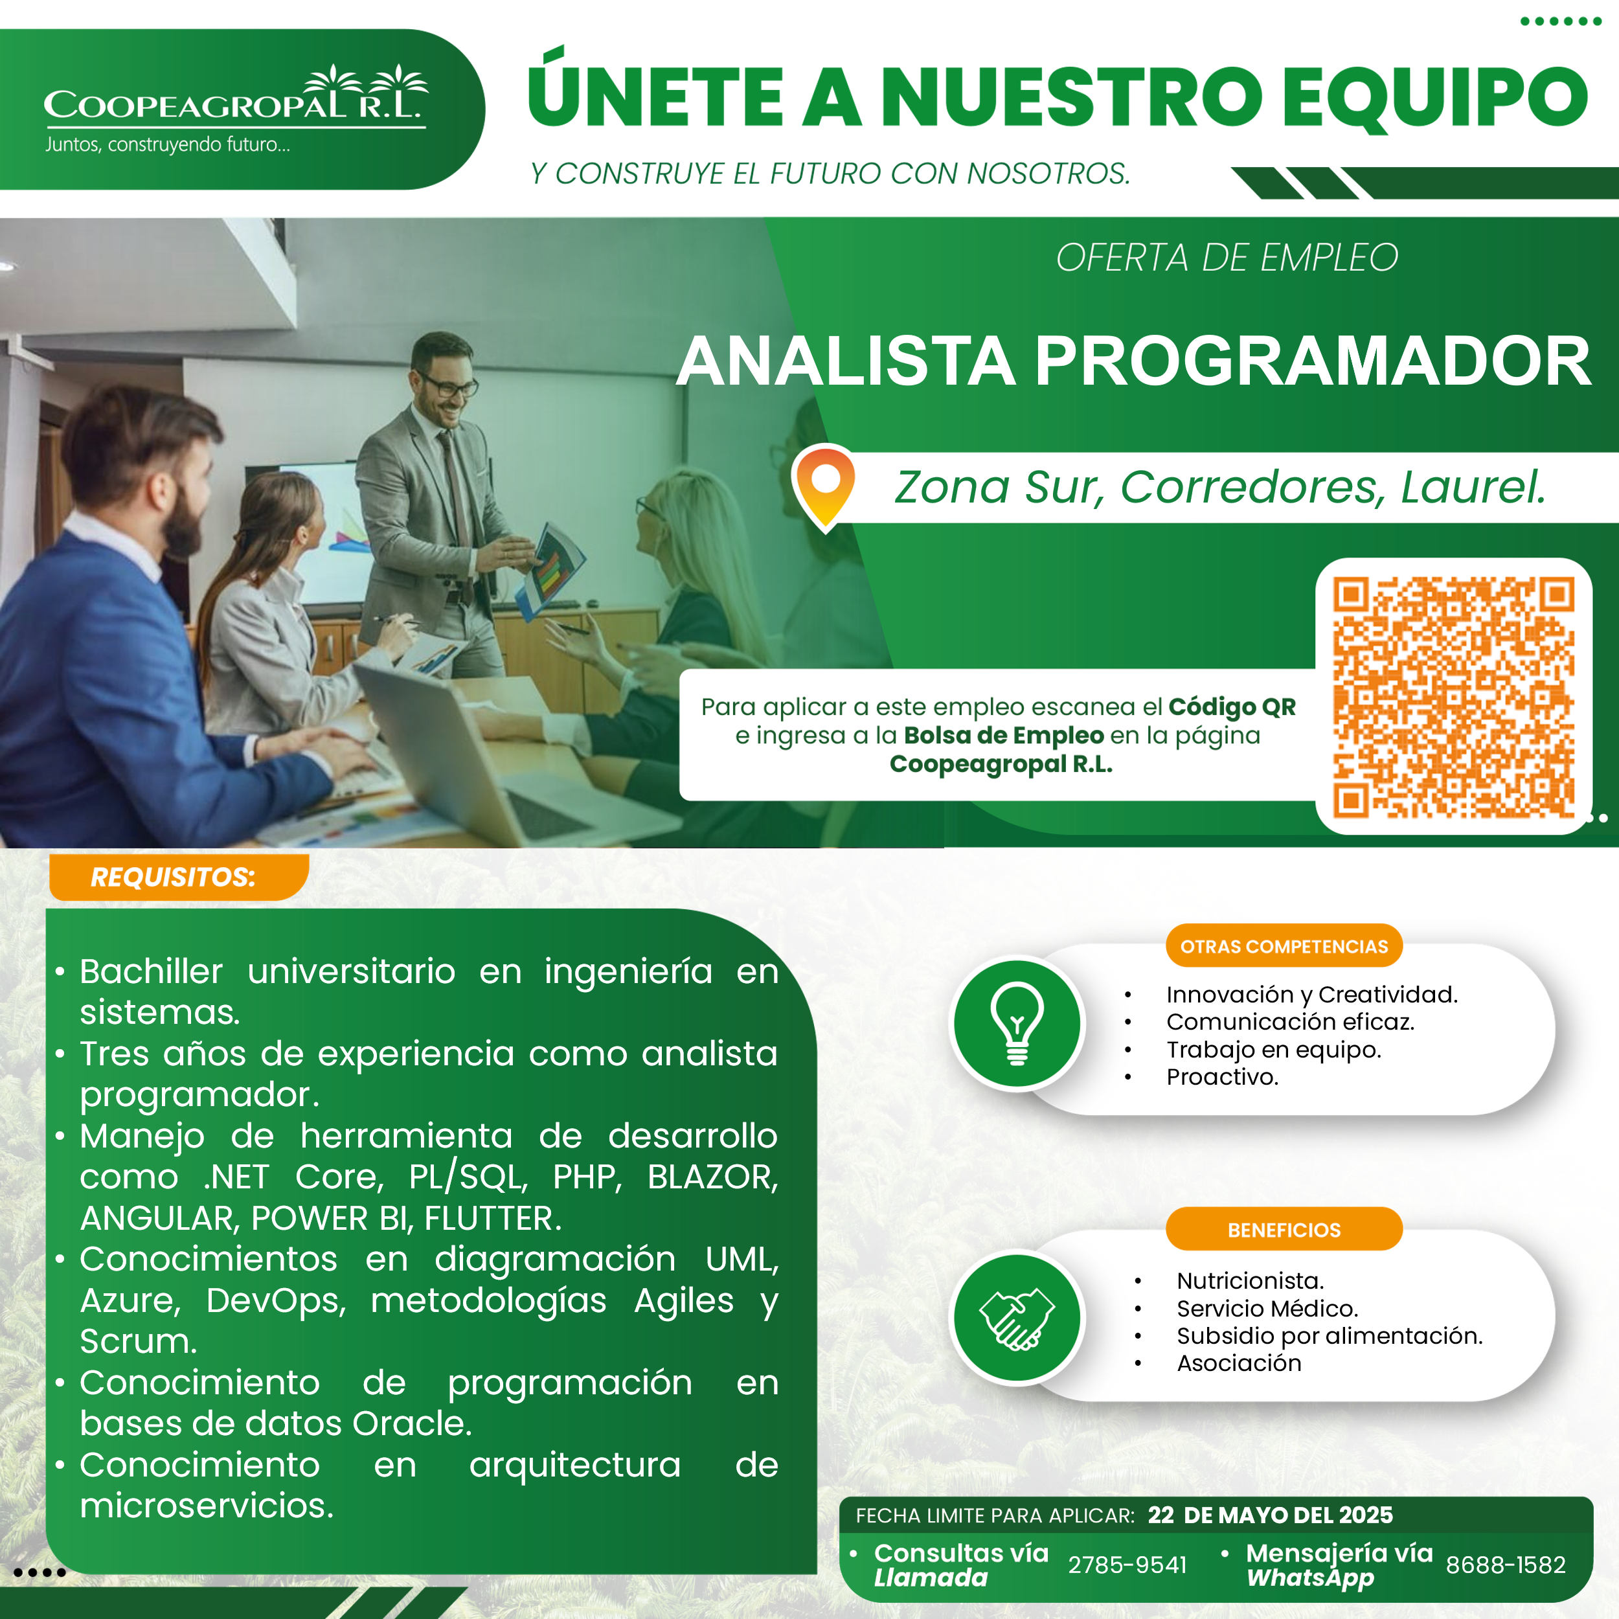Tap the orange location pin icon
pyautogui.click(x=824, y=487)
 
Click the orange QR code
pyautogui.click(x=1454, y=696)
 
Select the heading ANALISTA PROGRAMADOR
pyautogui.click(x=1133, y=361)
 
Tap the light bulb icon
pyautogui.click(x=1017, y=1023)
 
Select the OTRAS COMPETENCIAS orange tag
pyautogui.click(x=1284, y=946)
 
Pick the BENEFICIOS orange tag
pyautogui.click(x=1284, y=1229)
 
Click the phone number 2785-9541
pyautogui.click(x=1127, y=1565)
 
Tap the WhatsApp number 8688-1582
pyautogui.click(x=1506, y=1565)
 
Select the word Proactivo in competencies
pyautogui.click(x=1222, y=1077)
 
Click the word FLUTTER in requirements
pyautogui.click(x=493, y=1217)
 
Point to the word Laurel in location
pyautogui.click(x=1473, y=487)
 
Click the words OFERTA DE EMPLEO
pyautogui.click(x=1227, y=257)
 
